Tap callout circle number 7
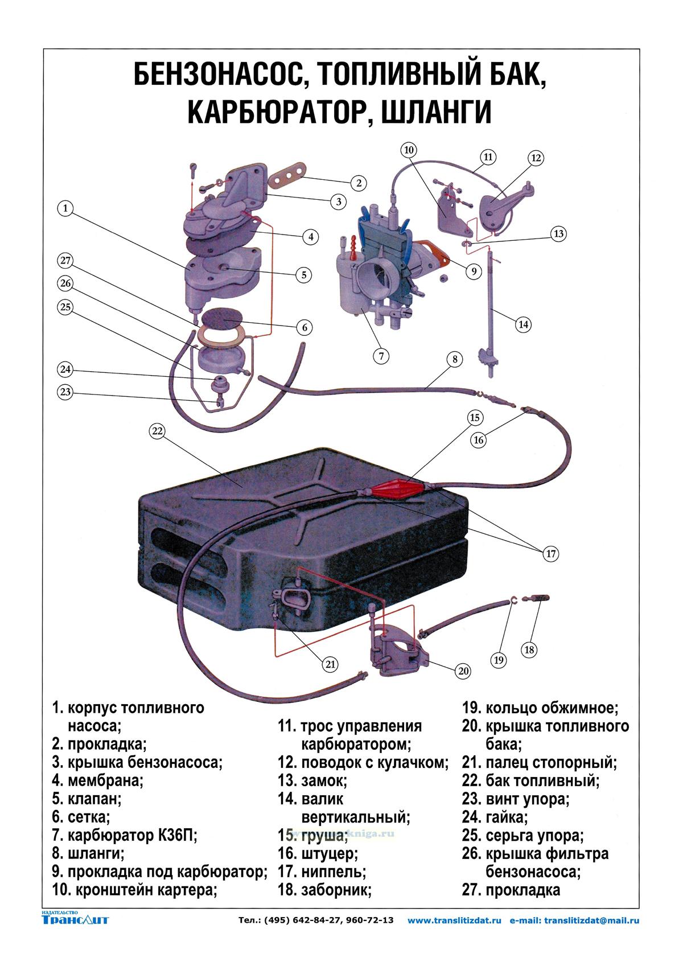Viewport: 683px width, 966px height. [381, 356]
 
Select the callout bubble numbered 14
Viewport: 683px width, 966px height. [523, 324]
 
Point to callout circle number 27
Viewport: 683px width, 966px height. [65, 261]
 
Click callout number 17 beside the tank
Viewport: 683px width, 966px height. [550, 553]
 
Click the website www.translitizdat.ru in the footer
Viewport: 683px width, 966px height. [455, 920]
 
